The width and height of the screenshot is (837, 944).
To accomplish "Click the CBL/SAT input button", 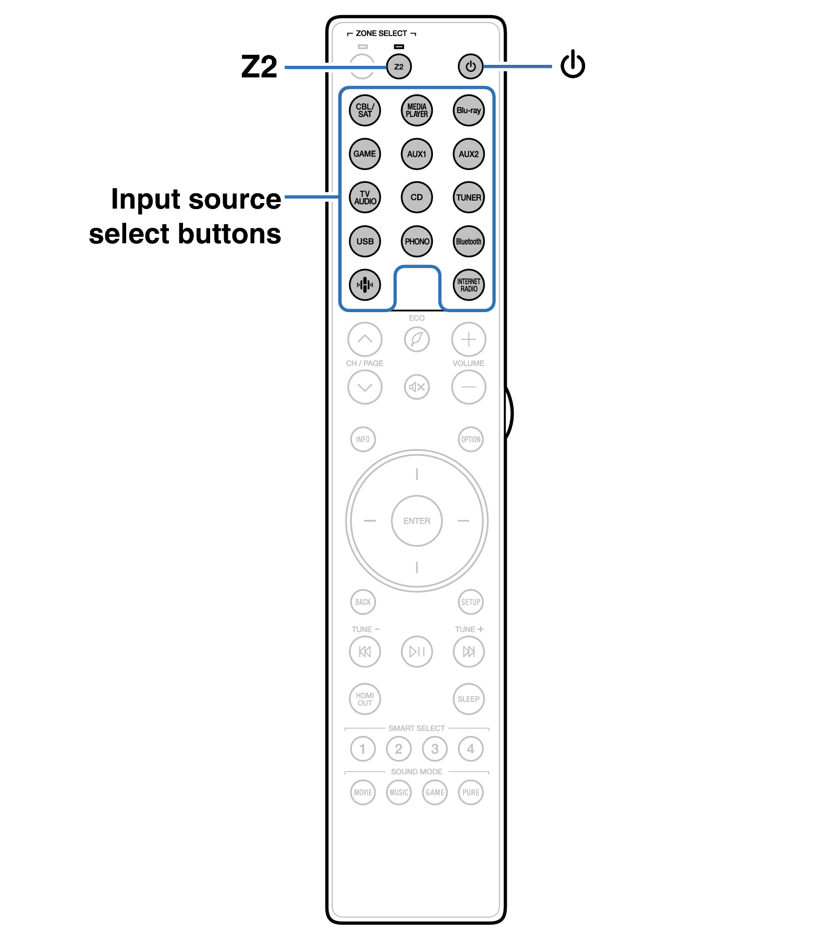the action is coord(365,111).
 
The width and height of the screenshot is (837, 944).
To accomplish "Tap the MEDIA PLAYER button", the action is coord(417,111).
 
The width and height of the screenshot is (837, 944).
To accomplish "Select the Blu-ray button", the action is coord(469,111).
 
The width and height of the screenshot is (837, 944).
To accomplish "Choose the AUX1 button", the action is coord(417,154).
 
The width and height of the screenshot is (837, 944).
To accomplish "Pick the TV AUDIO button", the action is coord(365,198).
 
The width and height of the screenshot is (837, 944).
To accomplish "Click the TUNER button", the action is coord(469,198).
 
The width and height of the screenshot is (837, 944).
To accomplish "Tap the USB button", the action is coord(365,241).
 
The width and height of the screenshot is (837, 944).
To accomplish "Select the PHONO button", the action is coord(417,241).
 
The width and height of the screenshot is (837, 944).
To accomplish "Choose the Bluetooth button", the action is coord(469,241).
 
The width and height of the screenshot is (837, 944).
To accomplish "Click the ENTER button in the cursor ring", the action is coord(417,521).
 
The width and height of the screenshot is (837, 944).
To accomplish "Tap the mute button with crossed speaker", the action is coord(417,387).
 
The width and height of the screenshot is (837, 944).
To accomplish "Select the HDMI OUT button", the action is coord(365,699).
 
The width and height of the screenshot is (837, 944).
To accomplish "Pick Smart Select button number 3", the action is coord(435,749).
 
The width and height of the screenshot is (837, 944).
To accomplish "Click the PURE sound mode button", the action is coord(471,793).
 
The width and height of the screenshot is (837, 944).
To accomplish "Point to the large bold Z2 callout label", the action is coord(259,66).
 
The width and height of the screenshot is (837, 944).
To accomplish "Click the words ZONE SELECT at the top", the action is coord(382,33).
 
